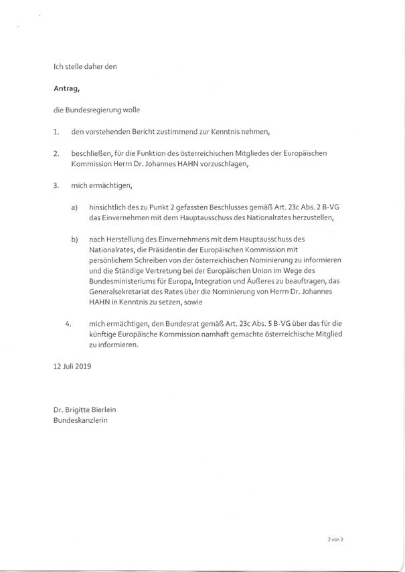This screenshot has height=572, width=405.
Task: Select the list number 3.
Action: click(56, 184)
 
